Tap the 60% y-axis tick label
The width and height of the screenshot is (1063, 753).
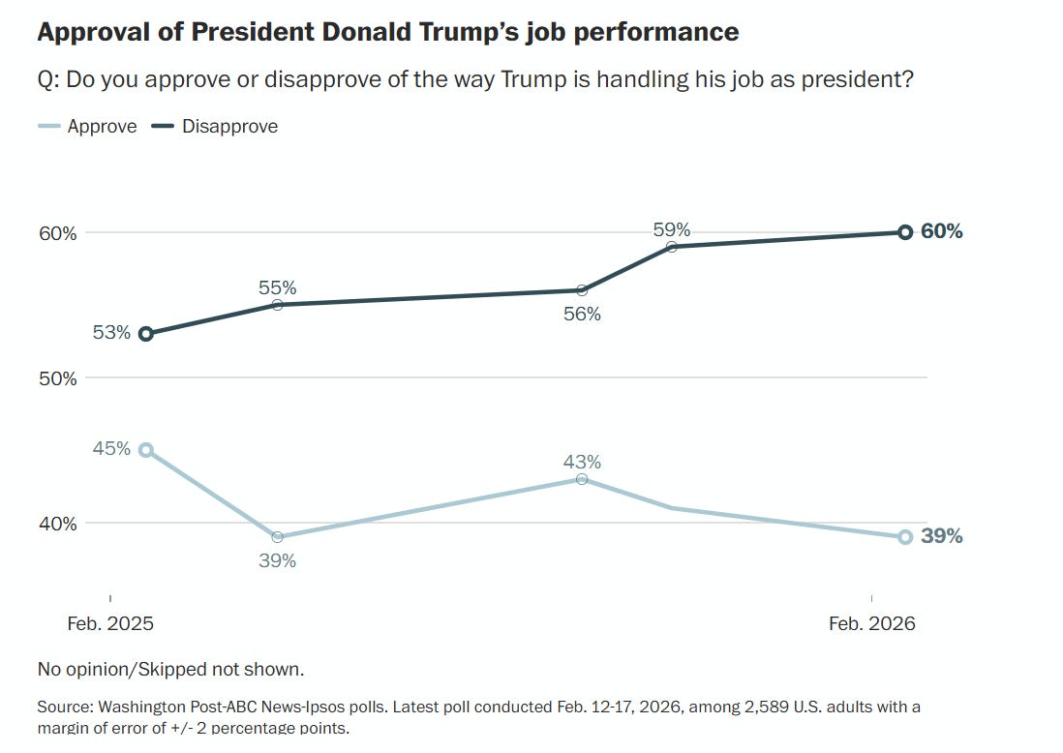click(x=57, y=233)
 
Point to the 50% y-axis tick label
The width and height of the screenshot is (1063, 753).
click(x=57, y=378)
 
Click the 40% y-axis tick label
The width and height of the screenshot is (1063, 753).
click(x=57, y=524)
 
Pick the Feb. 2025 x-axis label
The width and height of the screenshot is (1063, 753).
click(x=110, y=624)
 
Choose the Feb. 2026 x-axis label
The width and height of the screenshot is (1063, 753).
click(x=871, y=624)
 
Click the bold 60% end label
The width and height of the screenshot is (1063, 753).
click(x=942, y=231)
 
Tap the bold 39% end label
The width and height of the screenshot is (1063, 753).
click(x=942, y=536)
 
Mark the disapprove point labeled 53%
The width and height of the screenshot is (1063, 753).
click(x=146, y=334)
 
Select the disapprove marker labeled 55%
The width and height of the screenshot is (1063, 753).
click(x=277, y=305)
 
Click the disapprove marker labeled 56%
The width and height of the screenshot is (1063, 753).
click(x=582, y=290)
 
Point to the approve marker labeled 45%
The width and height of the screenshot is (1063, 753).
click(x=146, y=450)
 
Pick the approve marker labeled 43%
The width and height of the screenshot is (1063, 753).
click(x=582, y=479)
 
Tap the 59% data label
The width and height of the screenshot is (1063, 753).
click(x=671, y=229)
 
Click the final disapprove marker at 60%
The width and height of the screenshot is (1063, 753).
click(x=905, y=232)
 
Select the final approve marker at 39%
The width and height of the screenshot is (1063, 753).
click(x=905, y=537)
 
